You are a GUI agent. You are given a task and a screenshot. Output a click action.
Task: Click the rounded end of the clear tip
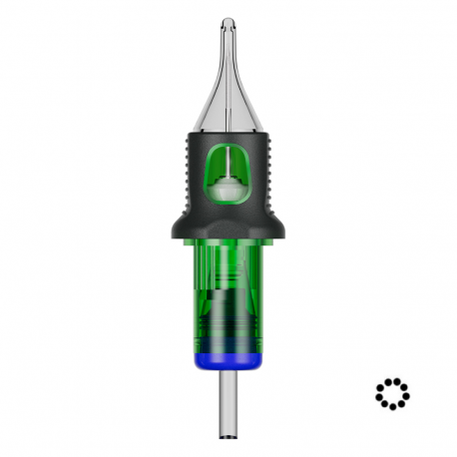point(228,23)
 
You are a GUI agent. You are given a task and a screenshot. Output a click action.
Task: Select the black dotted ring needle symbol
point(392,393)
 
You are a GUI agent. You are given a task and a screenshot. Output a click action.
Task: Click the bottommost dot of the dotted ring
point(392,408)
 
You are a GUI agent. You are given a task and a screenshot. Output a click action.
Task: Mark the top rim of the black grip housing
point(228,135)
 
